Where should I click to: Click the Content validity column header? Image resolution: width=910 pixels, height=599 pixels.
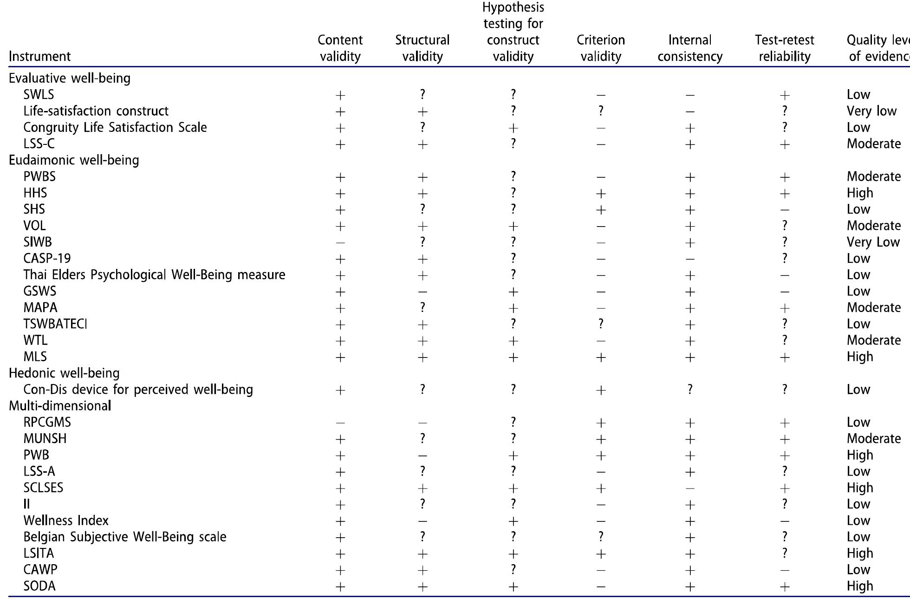tap(340, 48)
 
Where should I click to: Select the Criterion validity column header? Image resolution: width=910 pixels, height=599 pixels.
tap(601, 48)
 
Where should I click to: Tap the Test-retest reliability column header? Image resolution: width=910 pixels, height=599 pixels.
tap(784, 48)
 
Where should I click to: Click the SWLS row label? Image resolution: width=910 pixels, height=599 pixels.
tap(39, 95)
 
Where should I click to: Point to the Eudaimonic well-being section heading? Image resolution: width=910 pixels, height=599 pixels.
tap(74, 160)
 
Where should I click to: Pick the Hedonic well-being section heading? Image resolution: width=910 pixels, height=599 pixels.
tap(64, 373)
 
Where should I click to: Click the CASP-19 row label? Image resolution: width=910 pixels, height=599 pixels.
tap(47, 259)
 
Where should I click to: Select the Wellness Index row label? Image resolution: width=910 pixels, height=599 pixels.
tap(66, 521)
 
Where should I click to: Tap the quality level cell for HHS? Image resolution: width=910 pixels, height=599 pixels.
tap(860, 193)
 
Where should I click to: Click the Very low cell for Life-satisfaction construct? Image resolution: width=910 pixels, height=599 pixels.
tap(871, 111)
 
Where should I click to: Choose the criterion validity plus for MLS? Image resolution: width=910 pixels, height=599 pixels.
tap(601, 357)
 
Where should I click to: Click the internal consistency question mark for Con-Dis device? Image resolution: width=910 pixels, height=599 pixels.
tap(690, 390)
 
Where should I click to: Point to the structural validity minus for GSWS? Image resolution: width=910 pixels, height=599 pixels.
tap(422, 292)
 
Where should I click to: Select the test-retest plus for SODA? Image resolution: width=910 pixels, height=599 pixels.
tap(784, 587)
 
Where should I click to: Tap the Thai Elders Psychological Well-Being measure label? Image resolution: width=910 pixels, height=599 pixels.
tap(154, 275)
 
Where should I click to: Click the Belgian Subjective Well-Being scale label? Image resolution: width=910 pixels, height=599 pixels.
tap(125, 537)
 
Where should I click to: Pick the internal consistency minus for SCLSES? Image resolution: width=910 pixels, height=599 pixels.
tap(690, 488)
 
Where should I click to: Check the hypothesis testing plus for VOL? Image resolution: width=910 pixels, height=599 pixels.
tap(513, 227)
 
